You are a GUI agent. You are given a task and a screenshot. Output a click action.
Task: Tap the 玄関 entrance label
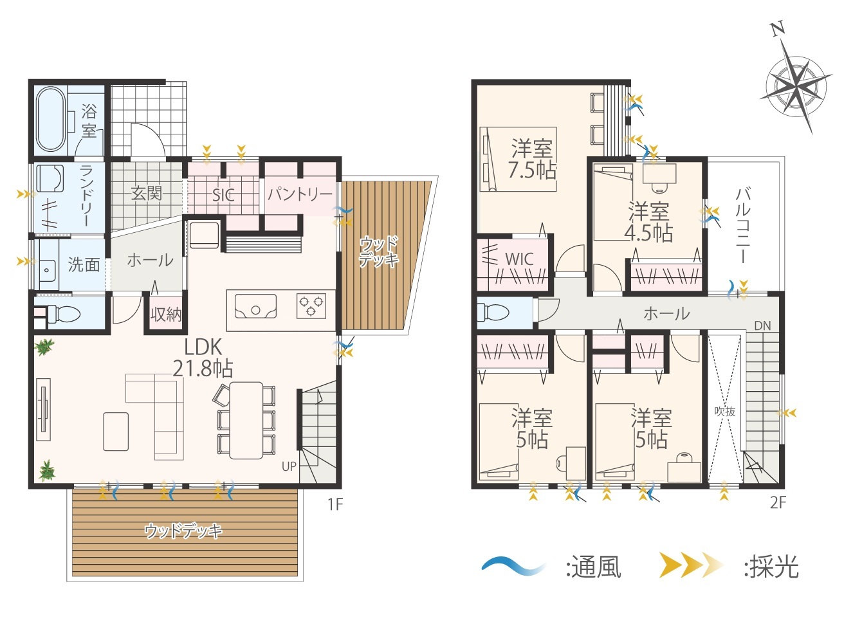point(147,194)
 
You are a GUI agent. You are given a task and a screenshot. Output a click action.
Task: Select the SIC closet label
point(223,196)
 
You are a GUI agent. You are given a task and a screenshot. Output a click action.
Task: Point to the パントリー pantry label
point(300,194)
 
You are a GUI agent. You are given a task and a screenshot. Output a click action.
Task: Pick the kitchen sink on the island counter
point(255,306)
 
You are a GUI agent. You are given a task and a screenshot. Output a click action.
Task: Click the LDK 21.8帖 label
point(203,358)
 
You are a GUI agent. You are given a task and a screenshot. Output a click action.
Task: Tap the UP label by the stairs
point(289,467)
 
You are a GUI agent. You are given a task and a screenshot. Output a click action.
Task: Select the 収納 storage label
point(166,315)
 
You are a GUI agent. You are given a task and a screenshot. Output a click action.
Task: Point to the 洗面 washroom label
point(84,265)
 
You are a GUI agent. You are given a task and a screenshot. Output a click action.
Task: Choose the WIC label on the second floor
point(519,259)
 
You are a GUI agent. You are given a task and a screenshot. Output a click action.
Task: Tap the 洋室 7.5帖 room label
point(532,160)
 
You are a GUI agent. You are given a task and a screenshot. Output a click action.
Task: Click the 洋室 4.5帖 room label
point(649,222)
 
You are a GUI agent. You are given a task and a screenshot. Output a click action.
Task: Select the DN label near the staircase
point(762,326)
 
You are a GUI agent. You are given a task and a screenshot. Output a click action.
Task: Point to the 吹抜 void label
point(725,412)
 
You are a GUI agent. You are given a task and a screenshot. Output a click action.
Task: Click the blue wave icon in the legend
point(513,567)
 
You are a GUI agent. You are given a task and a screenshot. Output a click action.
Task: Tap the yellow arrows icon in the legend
point(691,565)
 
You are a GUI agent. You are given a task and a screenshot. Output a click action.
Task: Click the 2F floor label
point(778,503)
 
